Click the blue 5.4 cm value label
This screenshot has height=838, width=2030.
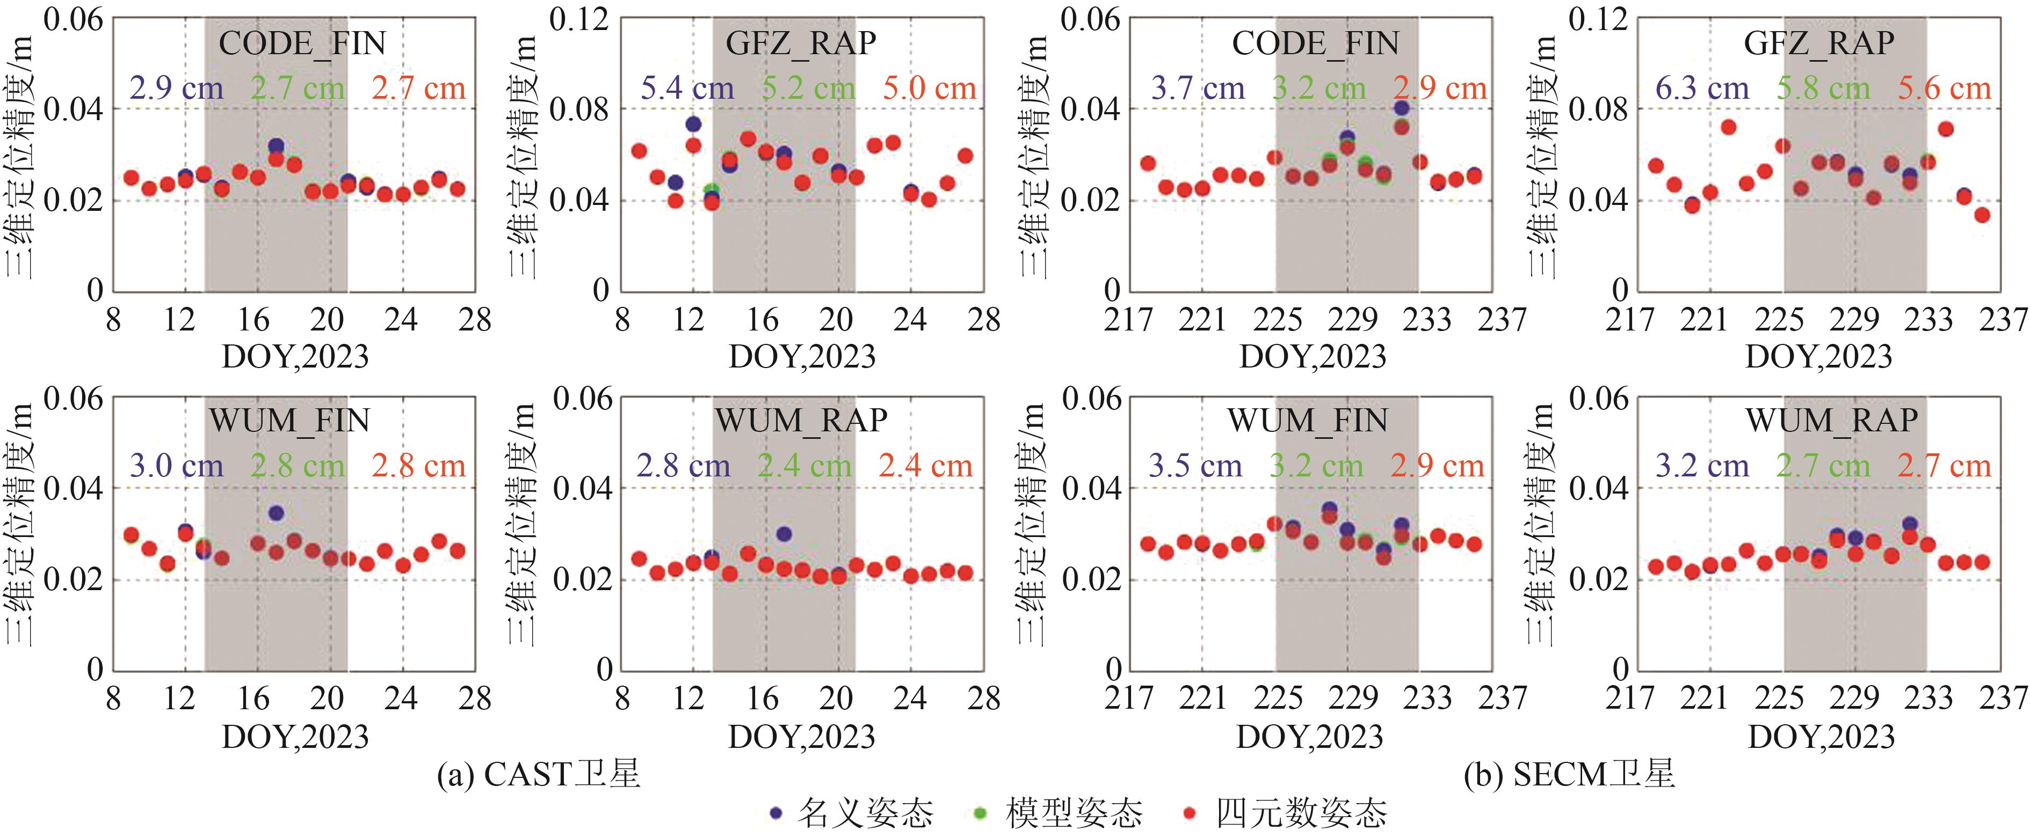[x=686, y=88]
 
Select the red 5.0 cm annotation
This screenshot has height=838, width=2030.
[x=929, y=88]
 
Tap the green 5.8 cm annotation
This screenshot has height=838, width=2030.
[x=1823, y=88]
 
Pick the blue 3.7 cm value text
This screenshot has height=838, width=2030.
[x=1197, y=88]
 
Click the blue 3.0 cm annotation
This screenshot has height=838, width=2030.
[x=177, y=466]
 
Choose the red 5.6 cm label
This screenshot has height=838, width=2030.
[x=1944, y=88]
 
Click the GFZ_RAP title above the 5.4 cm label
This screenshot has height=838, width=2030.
[x=801, y=42]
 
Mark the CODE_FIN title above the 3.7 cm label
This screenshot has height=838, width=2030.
[x=1315, y=42]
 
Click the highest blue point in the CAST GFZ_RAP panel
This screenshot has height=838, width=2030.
[x=693, y=123]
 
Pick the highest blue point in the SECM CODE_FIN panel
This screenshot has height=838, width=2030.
[x=1401, y=108]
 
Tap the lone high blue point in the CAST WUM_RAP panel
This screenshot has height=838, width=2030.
[x=784, y=534]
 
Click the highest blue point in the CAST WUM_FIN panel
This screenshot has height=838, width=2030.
[x=276, y=513]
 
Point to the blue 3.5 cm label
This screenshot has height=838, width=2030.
[x=1195, y=466]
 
